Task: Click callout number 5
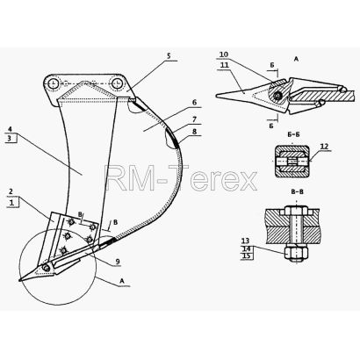(169, 56)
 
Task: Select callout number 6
(194, 103)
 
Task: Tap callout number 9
(118, 262)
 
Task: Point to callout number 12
(324, 147)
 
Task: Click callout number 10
(224, 54)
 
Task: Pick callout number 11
(225, 65)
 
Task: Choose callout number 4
(10, 129)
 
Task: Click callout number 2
(11, 191)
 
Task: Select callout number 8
(195, 132)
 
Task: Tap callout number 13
(245, 241)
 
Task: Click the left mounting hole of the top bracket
(54, 84)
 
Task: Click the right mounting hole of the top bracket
(117, 84)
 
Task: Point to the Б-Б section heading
(293, 134)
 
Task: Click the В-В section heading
(297, 192)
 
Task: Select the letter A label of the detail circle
(122, 281)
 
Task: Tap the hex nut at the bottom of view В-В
(296, 253)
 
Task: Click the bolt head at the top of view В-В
(296, 211)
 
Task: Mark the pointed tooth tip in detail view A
(217, 96)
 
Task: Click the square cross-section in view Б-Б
(292, 162)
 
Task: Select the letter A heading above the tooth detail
(296, 59)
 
